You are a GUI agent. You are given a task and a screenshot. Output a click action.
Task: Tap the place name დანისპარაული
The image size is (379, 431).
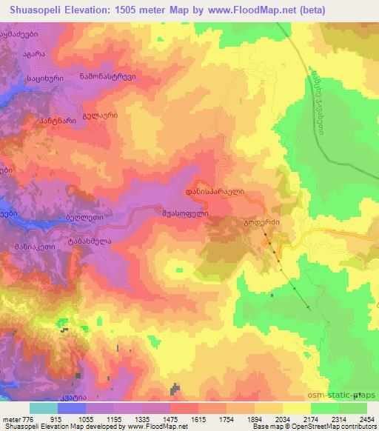tap(215, 191)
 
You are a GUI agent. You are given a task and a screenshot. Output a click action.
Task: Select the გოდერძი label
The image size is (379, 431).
tap(264, 221)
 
